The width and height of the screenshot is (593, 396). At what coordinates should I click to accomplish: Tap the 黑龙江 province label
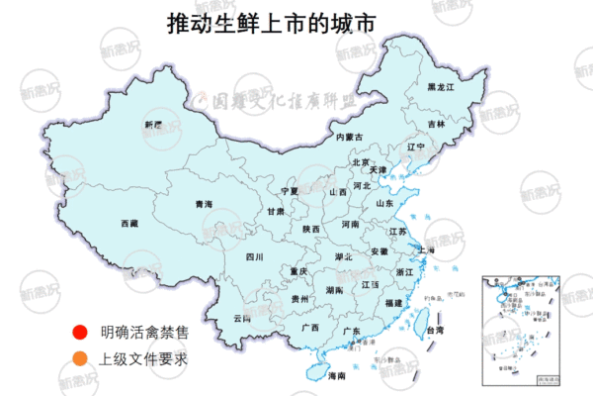point(440,88)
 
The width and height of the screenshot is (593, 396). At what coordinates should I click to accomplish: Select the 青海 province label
point(204,205)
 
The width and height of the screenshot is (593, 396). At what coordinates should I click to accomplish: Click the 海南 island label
point(337,376)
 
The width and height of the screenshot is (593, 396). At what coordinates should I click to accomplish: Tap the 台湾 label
point(435,330)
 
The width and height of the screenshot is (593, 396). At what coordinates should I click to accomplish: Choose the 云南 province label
point(242,318)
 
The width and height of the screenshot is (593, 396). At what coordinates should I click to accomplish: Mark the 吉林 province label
point(436,125)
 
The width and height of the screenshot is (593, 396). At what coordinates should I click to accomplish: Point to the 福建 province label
point(393,301)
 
